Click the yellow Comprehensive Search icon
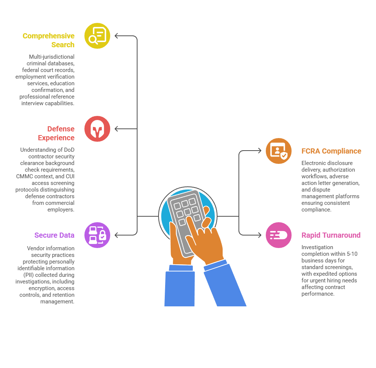coord(97,36)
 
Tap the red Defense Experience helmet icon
coord(97,129)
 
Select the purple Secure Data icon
coord(97,235)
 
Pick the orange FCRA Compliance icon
coord(279,151)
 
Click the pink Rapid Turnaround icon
coord(279,235)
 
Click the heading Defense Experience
coord(56,133)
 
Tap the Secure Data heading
coord(54,235)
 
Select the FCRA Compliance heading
coord(331,151)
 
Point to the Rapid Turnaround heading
coord(331,235)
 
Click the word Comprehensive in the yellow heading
coord(48,36)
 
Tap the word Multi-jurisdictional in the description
coord(52,57)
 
